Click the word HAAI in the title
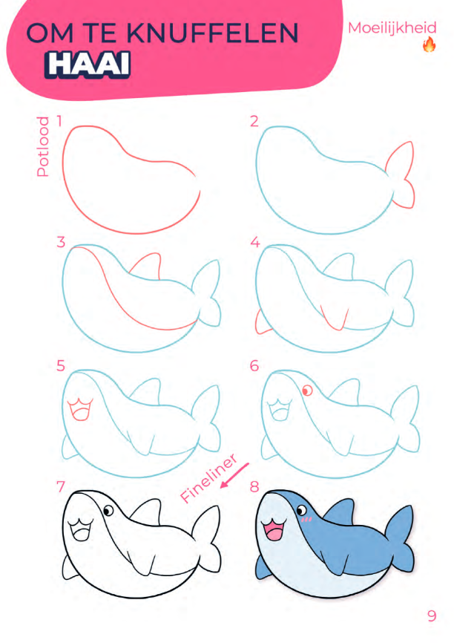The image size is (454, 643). pyautogui.click(x=88, y=65)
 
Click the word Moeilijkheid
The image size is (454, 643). pyautogui.click(x=392, y=28)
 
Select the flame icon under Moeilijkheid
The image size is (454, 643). pyautogui.click(x=429, y=45)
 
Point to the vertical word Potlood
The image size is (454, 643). pyautogui.click(x=42, y=146)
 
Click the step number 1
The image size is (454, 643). pyautogui.click(x=59, y=121)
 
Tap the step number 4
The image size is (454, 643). pyautogui.click(x=255, y=242)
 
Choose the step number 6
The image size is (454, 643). pyautogui.click(x=254, y=365)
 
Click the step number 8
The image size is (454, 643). pyautogui.click(x=254, y=487)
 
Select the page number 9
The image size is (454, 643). pyautogui.click(x=432, y=616)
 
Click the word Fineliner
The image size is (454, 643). pyautogui.click(x=208, y=478)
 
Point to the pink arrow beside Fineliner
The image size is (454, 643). pyautogui.click(x=234, y=476)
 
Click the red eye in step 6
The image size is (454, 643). pyautogui.click(x=307, y=391)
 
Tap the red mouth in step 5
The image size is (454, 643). pyautogui.click(x=80, y=409)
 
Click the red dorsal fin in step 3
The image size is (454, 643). pyautogui.click(x=145, y=266)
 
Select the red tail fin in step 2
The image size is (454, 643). pyautogui.click(x=400, y=174)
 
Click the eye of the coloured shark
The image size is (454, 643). pyautogui.click(x=302, y=511)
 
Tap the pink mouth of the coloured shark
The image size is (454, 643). pyautogui.click(x=273, y=530)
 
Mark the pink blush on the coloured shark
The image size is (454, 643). pyautogui.click(x=306, y=520)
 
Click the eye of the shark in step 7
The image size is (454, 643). pyautogui.click(x=108, y=511)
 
